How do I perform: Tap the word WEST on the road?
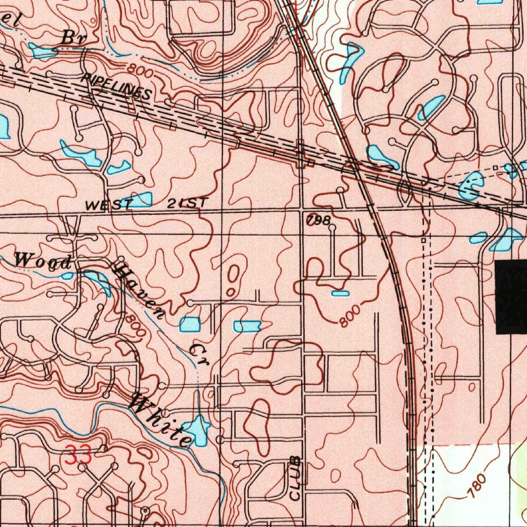pos(109,204)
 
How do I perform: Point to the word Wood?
pos(42,261)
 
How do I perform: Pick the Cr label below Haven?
pos(198,356)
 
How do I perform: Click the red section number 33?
pos(78,455)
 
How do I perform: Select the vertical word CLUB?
pos(295,478)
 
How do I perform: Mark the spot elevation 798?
pos(319,220)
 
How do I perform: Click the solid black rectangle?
pos(511,296)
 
